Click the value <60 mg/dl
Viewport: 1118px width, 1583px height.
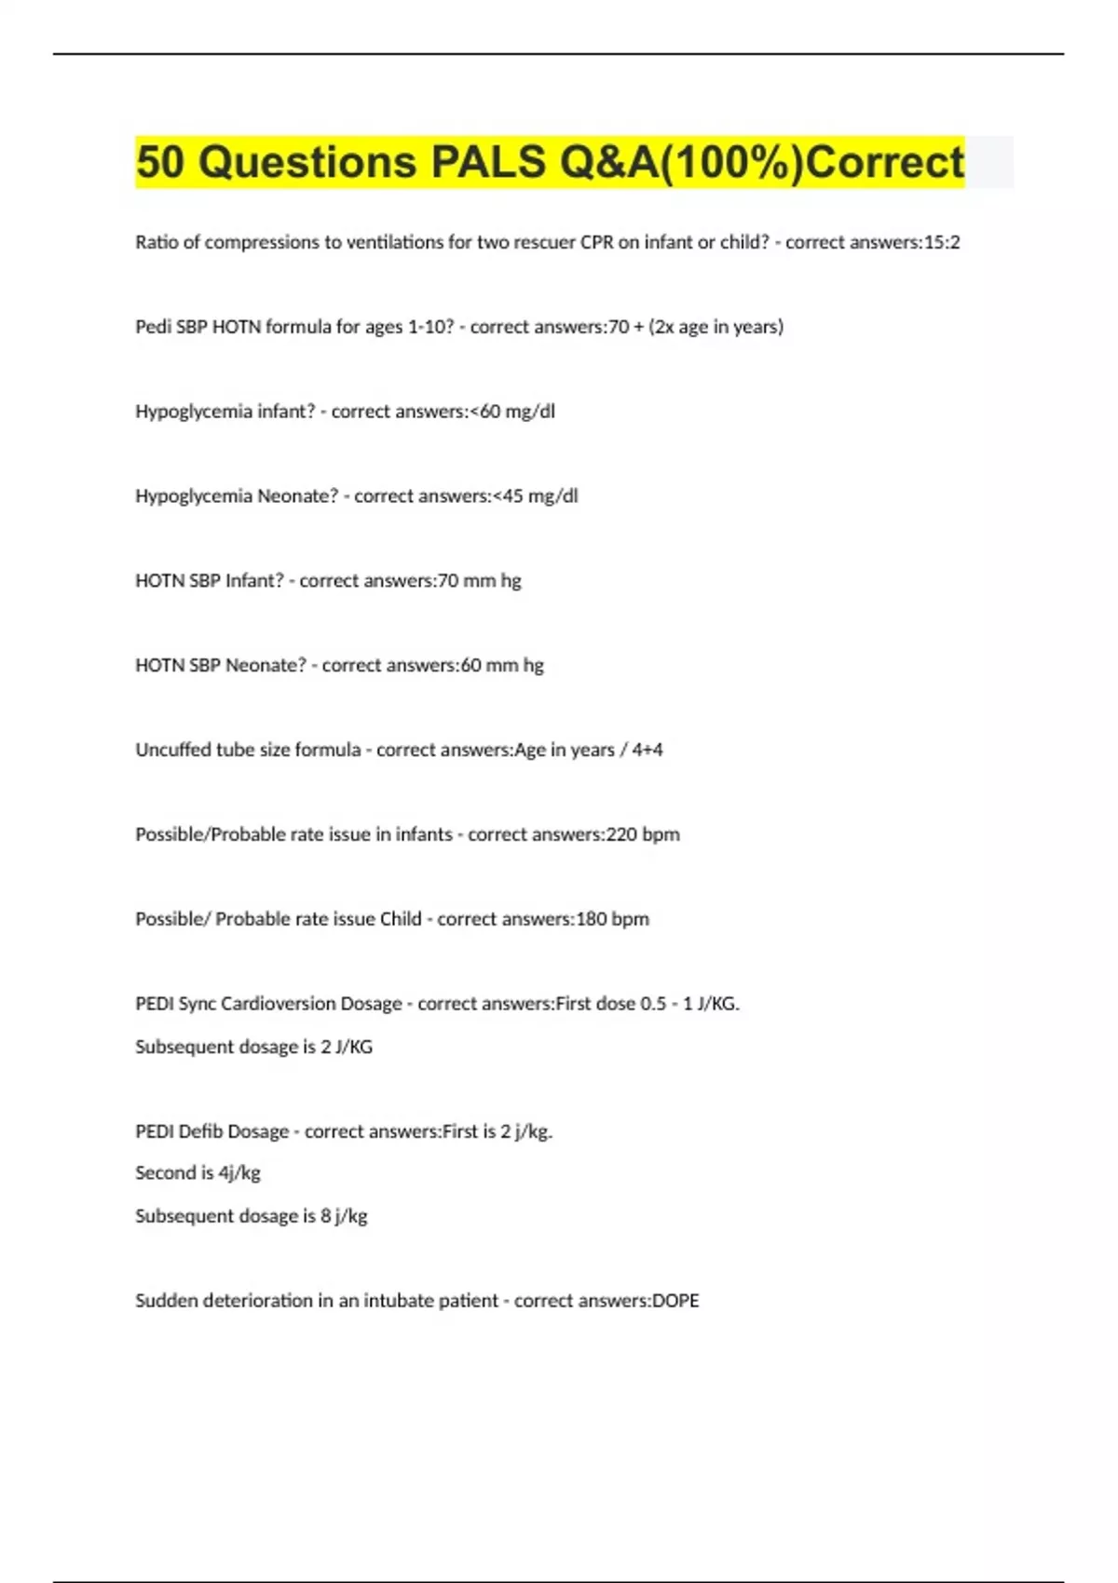511,412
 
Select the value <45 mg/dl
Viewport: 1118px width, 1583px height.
534,496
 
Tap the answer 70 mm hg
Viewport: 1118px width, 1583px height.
479,581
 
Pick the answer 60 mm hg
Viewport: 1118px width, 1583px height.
502,666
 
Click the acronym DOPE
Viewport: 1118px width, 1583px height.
675,1301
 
